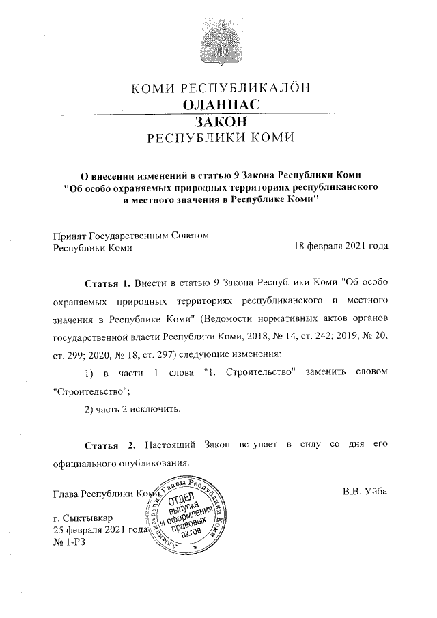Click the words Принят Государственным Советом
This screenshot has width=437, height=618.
130,235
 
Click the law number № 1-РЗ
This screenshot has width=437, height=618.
70,542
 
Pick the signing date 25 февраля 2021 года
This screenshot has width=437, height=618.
100,530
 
